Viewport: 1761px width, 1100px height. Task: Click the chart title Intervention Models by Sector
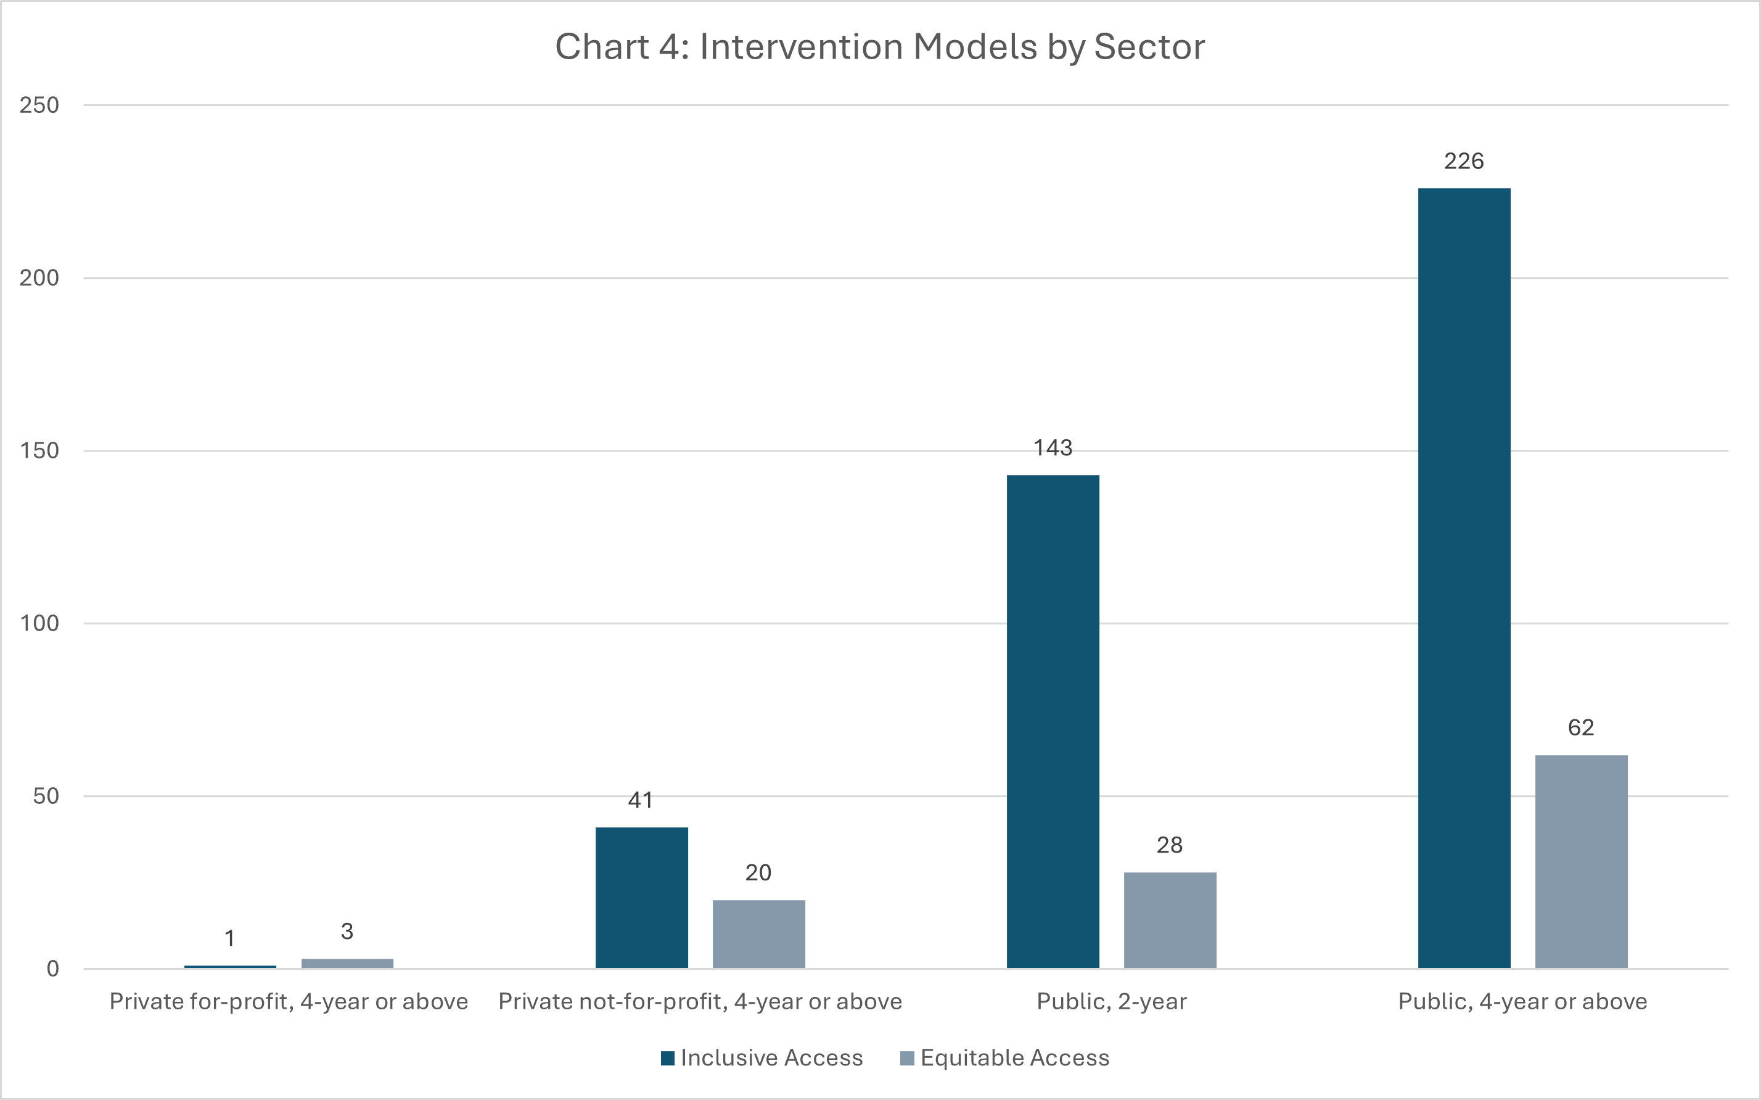(880, 48)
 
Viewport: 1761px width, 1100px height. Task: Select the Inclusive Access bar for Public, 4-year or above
(1464, 578)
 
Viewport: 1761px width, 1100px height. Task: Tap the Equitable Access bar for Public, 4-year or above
(1581, 861)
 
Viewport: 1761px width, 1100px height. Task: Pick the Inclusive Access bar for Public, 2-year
(1053, 722)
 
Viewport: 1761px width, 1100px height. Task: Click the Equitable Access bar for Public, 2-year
(1170, 920)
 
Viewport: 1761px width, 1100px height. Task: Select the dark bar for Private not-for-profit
(641, 898)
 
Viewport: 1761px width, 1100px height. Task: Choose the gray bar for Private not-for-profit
(758, 934)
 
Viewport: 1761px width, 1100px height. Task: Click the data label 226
(1464, 161)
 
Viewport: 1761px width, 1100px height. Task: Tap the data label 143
(1053, 447)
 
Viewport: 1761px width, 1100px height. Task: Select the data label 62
(1581, 727)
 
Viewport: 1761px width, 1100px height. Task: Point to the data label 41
(641, 800)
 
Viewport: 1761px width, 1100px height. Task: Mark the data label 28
(1170, 845)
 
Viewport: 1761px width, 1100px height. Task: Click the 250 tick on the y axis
(39, 105)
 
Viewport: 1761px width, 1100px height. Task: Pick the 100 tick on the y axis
(39, 624)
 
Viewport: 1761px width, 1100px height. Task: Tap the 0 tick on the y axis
(52, 969)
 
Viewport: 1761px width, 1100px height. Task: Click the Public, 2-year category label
(1112, 1002)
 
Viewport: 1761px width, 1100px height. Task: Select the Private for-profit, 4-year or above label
(289, 1002)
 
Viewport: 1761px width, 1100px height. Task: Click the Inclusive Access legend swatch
(667, 1058)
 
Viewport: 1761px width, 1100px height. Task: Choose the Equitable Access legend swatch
(906, 1058)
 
